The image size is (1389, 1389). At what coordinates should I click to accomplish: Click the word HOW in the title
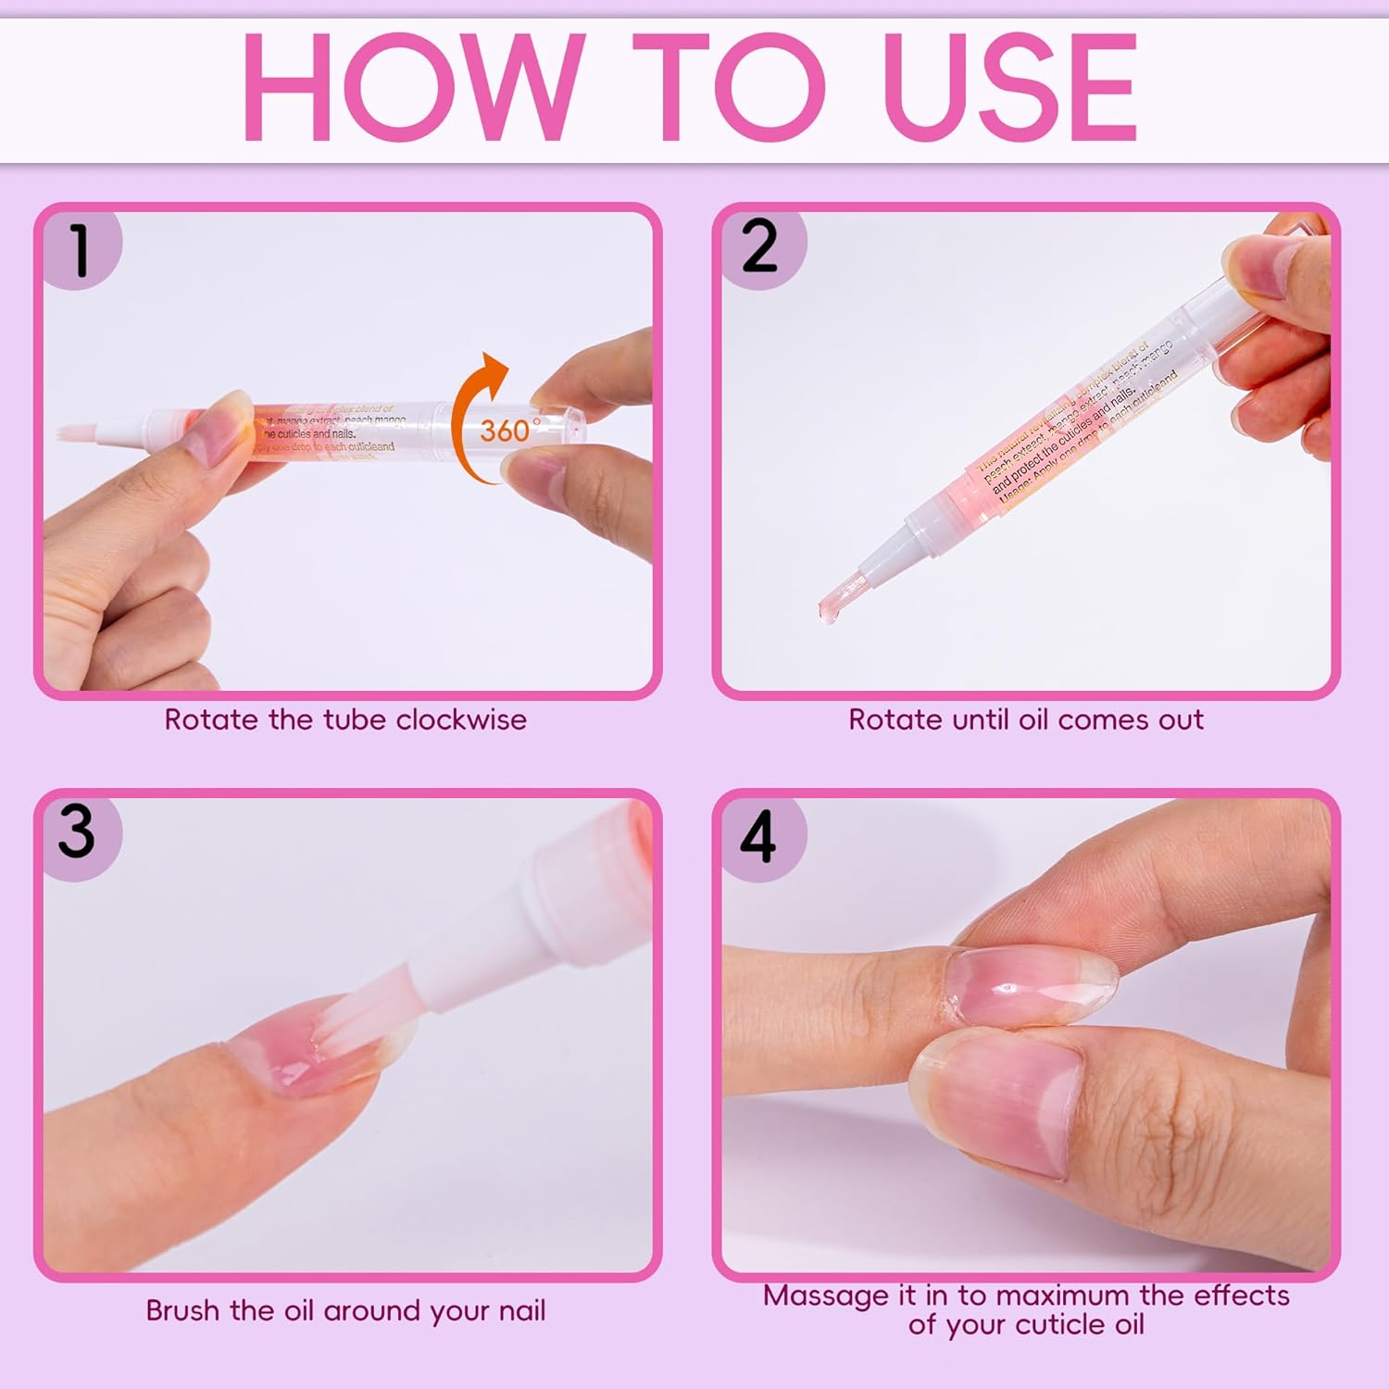coord(413,89)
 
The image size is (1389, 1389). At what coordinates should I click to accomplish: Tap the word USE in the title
coord(1009,89)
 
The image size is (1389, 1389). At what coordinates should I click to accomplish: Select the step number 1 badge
coord(80,250)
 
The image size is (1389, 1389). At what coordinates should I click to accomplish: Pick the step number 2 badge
coord(759,247)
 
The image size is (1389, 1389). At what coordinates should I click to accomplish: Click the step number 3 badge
coord(77,832)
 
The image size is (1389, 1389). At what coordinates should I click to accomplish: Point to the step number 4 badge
coord(757,836)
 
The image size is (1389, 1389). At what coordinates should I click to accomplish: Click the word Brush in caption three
coord(183,1310)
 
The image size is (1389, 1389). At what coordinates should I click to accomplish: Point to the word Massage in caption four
coord(825,1295)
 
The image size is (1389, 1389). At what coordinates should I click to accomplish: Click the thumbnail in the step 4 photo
coord(1000,1102)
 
